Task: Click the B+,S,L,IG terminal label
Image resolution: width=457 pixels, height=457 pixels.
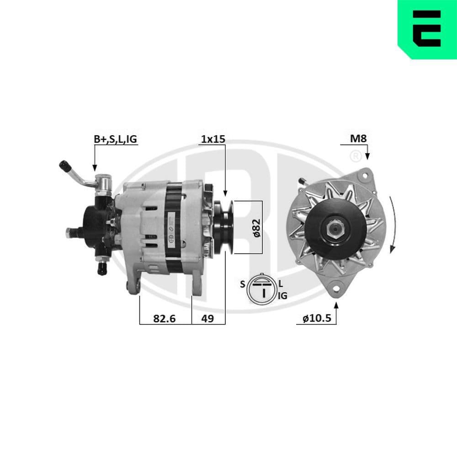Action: [115, 139]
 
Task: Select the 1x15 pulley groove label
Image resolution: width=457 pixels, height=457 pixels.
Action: [213, 139]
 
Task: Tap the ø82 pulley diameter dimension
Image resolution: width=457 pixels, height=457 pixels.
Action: [256, 227]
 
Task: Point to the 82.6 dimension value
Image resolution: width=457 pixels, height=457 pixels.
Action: [165, 319]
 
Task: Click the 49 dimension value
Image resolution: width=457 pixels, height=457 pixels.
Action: [207, 319]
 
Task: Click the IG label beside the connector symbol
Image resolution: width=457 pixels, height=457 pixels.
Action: [282, 296]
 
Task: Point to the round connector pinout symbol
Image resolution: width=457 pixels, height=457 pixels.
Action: [262, 288]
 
